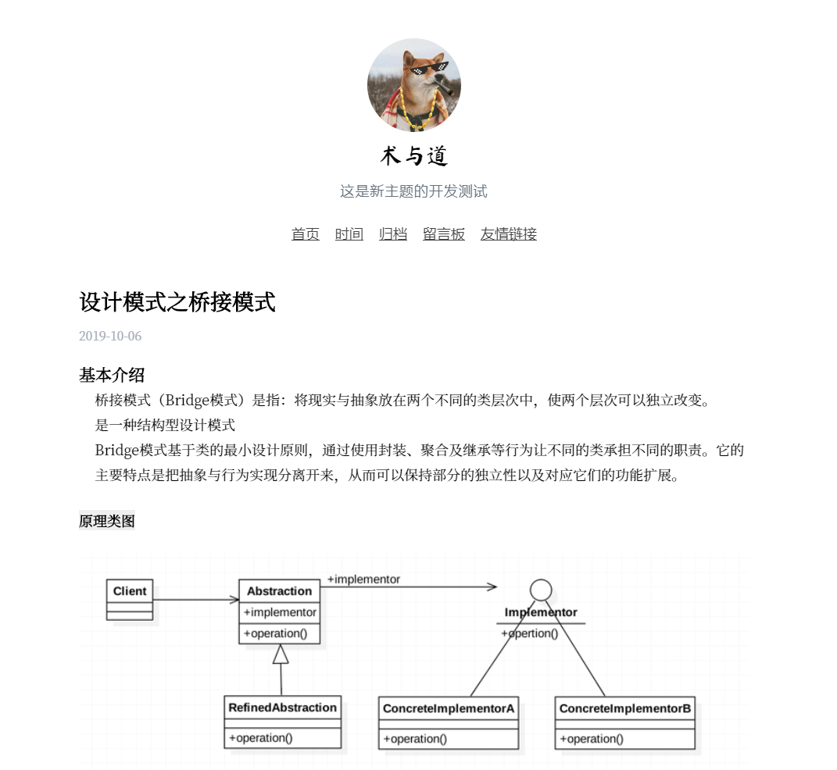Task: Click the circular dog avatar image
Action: pos(413,85)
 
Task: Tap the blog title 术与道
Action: pos(413,156)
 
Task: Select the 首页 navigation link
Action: pos(306,234)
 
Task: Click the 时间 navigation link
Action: pos(349,234)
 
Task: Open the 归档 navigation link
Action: pos(393,234)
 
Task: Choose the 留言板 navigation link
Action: pos(444,234)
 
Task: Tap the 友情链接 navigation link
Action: pos(509,234)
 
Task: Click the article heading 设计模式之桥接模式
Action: pos(177,301)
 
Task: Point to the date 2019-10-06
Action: pos(110,337)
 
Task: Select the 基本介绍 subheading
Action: pos(112,375)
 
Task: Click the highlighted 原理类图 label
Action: pos(107,521)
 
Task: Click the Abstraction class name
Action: pos(279,591)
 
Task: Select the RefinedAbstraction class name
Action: pos(282,708)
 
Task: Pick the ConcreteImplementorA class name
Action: pos(449,709)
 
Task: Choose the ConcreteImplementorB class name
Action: pos(625,709)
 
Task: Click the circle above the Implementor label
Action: pos(541,590)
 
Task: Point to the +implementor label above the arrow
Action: pos(363,579)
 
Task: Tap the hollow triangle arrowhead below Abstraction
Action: pos(281,654)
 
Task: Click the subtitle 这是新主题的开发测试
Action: pos(413,191)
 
